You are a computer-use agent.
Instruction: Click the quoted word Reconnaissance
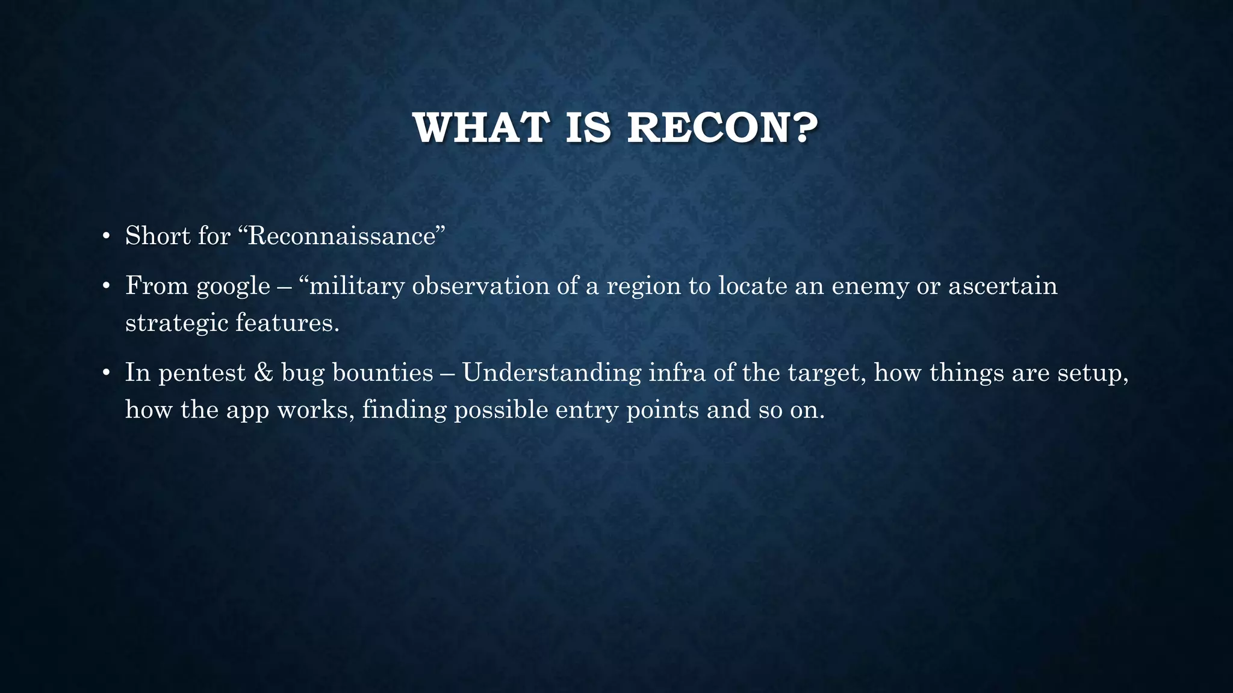tap(341, 236)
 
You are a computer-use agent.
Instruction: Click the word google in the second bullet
tap(234, 286)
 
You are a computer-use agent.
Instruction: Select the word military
tap(356, 286)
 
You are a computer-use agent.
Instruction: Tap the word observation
tap(480, 286)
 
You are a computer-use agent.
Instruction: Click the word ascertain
tap(1002, 286)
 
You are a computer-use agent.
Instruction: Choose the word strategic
tap(176, 324)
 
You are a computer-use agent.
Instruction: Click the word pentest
tap(202, 373)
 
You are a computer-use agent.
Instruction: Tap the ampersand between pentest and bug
tap(264, 373)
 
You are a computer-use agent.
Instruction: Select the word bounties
tap(382, 373)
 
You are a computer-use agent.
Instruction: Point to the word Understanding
tap(551, 374)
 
